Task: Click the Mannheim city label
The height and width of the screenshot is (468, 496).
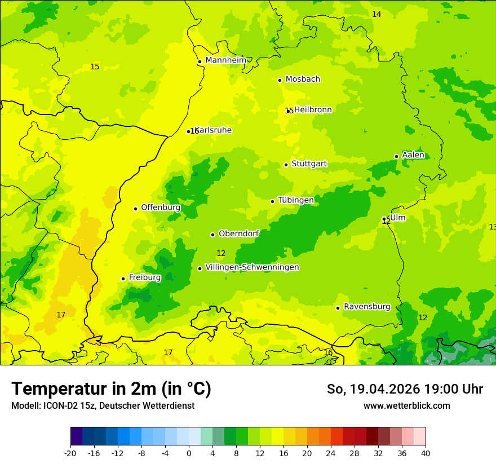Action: (x=225, y=60)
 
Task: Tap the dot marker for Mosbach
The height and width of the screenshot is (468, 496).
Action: (x=280, y=80)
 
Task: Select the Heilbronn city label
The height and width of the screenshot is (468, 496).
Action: (x=313, y=110)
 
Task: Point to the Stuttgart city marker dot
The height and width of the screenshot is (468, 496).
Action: (x=286, y=165)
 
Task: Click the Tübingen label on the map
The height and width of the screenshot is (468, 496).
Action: (x=296, y=200)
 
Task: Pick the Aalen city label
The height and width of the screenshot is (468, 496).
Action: (x=413, y=155)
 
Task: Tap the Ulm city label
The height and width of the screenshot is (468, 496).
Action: (x=397, y=218)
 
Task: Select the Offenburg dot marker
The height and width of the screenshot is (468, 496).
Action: (x=135, y=209)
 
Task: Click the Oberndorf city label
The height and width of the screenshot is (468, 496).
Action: (x=238, y=233)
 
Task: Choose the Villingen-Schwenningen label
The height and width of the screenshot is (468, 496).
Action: (x=252, y=267)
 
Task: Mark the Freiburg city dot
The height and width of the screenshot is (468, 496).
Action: (x=123, y=279)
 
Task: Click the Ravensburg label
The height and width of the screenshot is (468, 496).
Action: (x=367, y=307)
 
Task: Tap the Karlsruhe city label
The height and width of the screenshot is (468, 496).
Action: (x=214, y=130)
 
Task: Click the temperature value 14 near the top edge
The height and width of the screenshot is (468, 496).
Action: (x=377, y=14)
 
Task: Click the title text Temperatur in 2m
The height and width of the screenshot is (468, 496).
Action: (x=111, y=389)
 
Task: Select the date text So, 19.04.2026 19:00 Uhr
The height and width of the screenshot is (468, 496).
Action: (x=405, y=389)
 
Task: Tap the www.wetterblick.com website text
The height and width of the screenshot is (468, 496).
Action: (x=406, y=405)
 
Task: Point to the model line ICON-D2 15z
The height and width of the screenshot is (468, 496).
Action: (x=103, y=405)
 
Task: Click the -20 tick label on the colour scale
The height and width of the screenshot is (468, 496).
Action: (x=70, y=453)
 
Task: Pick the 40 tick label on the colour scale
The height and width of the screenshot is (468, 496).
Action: (x=425, y=453)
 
